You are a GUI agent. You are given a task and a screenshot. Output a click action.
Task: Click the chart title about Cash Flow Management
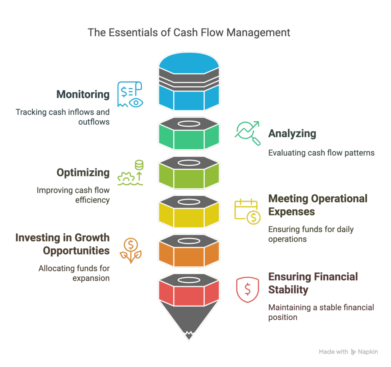pyautogui.click(x=189, y=33)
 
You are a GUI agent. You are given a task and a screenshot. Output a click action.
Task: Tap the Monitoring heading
pyautogui.click(x=83, y=95)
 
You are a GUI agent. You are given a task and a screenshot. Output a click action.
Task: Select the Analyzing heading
pyautogui.click(x=292, y=134)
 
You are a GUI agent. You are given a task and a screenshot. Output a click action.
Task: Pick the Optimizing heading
pyautogui.click(x=83, y=172)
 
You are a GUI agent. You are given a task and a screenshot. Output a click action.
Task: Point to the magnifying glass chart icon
pyautogui.click(x=247, y=133)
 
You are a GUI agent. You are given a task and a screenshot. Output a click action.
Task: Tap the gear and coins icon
pyautogui.click(x=131, y=173)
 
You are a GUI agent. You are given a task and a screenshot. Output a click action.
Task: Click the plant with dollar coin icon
pyautogui.click(x=131, y=250)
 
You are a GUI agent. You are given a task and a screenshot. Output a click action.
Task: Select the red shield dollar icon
pyautogui.click(x=247, y=290)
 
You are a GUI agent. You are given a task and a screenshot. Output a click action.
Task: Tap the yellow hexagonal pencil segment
pyautogui.click(x=189, y=211)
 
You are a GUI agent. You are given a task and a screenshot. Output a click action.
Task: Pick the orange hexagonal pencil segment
pyautogui.click(x=189, y=250)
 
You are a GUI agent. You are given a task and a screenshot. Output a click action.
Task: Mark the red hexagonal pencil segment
pyautogui.click(x=189, y=290)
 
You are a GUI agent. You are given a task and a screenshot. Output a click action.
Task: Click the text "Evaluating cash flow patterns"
pyautogui.click(x=321, y=153)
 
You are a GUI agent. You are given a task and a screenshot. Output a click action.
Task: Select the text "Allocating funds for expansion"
pyautogui.click(x=74, y=273)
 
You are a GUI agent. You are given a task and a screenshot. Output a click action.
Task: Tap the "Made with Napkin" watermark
pyautogui.click(x=348, y=352)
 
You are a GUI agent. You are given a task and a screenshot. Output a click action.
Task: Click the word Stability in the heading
pyautogui.click(x=288, y=290)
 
